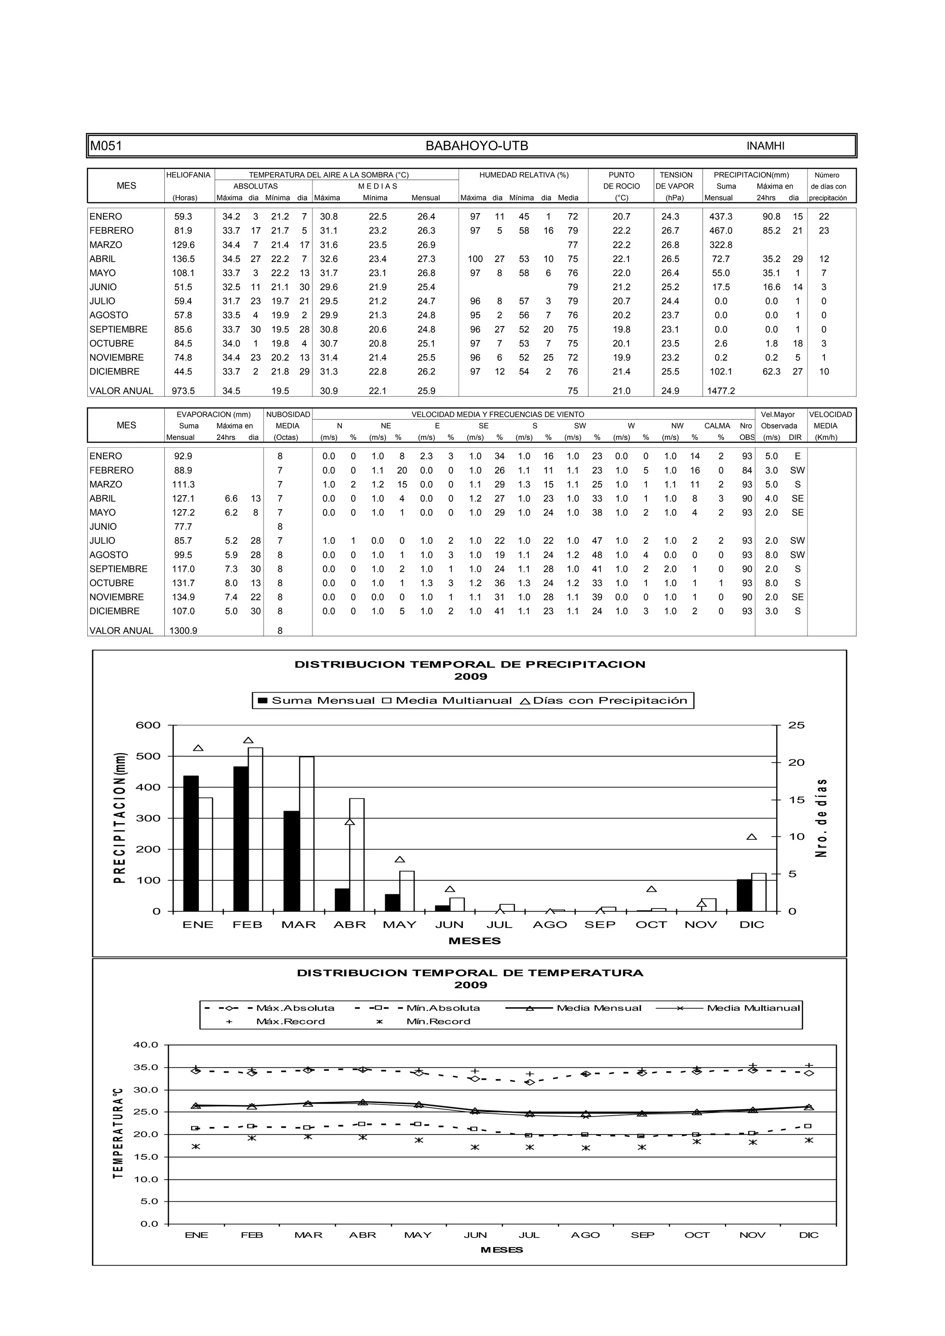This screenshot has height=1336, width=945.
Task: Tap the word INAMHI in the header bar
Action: pyautogui.click(x=765, y=146)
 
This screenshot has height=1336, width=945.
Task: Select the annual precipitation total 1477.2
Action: pyautogui.click(x=721, y=391)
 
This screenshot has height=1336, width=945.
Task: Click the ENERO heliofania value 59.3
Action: pyautogui.click(x=183, y=216)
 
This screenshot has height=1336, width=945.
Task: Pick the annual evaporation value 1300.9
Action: pyautogui.click(x=183, y=631)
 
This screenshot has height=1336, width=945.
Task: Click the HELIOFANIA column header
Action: pyautogui.click(x=188, y=175)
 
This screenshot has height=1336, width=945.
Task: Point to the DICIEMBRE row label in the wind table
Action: pyautogui.click(x=115, y=611)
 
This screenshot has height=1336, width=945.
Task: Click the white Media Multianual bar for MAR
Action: pyautogui.click(x=307, y=833)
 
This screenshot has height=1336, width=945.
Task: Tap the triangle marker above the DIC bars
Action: pyautogui.click(x=752, y=837)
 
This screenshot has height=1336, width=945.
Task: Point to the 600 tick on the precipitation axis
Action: pyautogui.click(x=148, y=725)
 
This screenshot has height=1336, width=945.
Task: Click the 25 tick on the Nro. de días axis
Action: pyautogui.click(x=796, y=725)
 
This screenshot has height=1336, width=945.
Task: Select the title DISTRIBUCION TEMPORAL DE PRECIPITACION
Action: pyautogui.click(x=470, y=665)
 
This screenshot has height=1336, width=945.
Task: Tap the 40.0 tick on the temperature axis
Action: pyautogui.click(x=145, y=1045)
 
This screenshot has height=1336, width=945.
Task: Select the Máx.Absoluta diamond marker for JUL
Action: pyautogui.click(x=530, y=1082)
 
